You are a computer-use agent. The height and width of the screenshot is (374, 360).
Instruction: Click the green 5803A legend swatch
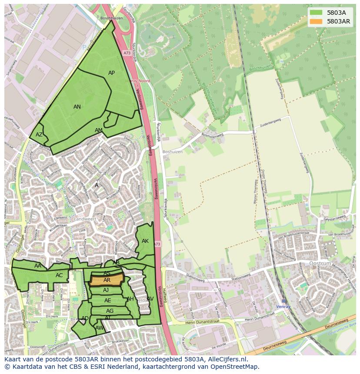pyautogui.click(x=316, y=13)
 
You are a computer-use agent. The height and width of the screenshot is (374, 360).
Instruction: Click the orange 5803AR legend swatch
pyautogui.click(x=316, y=21)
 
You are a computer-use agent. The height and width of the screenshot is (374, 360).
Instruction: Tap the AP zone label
pyautogui.click(x=112, y=73)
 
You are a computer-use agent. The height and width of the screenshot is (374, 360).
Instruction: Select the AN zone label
pyautogui.click(x=77, y=107)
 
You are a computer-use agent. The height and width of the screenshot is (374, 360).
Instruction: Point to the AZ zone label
pyautogui.click(x=39, y=135)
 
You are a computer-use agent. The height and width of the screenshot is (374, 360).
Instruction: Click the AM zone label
pyautogui.click(x=99, y=130)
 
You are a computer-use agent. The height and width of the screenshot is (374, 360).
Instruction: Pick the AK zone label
pyautogui.click(x=145, y=241)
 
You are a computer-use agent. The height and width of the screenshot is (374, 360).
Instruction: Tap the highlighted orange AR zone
pyautogui.click(x=107, y=280)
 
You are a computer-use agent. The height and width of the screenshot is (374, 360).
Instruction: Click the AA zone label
pyautogui.click(x=38, y=266)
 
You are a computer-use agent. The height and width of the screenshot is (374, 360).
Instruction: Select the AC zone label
pyautogui.click(x=59, y=275)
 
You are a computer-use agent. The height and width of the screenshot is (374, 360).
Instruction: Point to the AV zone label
pyautogui.click(x=150, y=299)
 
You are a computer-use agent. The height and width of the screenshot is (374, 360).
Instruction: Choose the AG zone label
pyautogui.click(x=110, y=311)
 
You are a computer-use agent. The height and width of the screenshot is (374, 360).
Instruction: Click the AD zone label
pyautogui.click(x=85, y=318)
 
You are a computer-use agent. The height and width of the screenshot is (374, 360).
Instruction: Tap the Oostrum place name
pyautogui.click(x=320, y=264)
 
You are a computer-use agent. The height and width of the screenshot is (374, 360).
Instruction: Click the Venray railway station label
pyautogui.click(x=284, y=306)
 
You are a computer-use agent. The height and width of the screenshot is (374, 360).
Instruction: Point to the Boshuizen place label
pyautogui.click(x=172, y=152)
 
